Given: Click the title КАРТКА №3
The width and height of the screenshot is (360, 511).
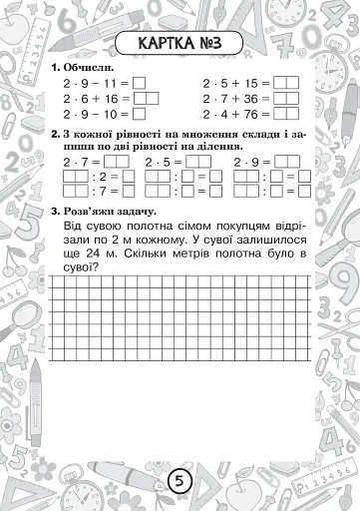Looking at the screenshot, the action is coord(180,43).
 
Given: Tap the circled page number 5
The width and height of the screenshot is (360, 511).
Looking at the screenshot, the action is coord(180,481).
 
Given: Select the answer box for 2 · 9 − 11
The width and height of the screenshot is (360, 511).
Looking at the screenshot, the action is coord(138,83).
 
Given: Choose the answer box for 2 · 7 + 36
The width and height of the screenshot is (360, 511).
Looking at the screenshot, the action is coord(286,99).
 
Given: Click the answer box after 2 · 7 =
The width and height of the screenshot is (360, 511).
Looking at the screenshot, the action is coord(114,161).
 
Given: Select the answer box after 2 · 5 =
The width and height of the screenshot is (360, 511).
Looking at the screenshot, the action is coord(192,161).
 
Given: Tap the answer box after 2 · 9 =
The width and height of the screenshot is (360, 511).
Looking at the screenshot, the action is coord(276,161).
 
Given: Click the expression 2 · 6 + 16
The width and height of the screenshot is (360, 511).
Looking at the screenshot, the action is coord(88,99).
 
